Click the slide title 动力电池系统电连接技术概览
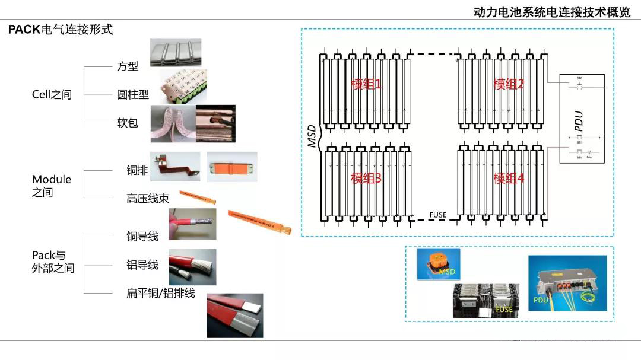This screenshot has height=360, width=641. pyautogui.click(x=552, y=12)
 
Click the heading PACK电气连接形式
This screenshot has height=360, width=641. pyautogui.click(x=60, y=30)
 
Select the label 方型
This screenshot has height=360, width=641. pyautogui.click(x=128, y=66)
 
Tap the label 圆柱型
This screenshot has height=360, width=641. pyautogui.click(x=132, y=94)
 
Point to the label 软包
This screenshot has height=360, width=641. pyautogui.click(x=128, y=122)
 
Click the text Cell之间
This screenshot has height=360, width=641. pyautogui.click(x=52, y=94)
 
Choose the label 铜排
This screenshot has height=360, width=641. pyautogui.click(x=137, y=170)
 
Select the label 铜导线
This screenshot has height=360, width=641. pyautogui.click(x=142, y=236)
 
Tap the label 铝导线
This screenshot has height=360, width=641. pyautogui.click(x=142, y=265)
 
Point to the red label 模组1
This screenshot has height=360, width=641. pyautogui.click(x=366, y=84)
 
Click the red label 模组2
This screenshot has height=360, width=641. pyautogui.click(x=509, y=84)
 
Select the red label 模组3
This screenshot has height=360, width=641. pyautogui.click(x=366, y=178)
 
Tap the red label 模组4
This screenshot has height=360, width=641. pyautogui.click(x=509, y=178)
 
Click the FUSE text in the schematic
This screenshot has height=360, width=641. pyautogui.click(x=437, y=215)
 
